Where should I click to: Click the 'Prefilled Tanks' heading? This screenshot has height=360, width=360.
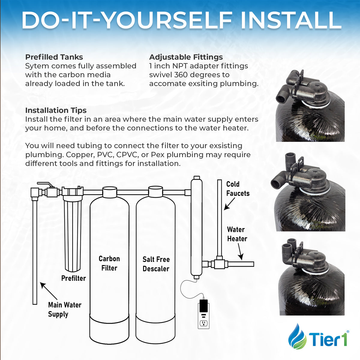pos(54,57)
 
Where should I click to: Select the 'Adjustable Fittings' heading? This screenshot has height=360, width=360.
pos(186,57)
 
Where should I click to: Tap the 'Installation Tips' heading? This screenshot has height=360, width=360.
pos(56,110)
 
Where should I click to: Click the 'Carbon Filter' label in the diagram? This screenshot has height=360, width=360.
pos(109,263)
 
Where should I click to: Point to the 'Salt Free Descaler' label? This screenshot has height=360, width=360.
pos(156,264)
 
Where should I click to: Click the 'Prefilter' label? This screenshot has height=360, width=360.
pos(73,278)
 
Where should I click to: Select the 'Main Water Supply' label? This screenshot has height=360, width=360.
pos(64,309)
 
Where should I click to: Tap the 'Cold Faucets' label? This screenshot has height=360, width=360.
pos(238,189)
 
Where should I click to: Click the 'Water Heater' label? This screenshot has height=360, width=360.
pos(237,234)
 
